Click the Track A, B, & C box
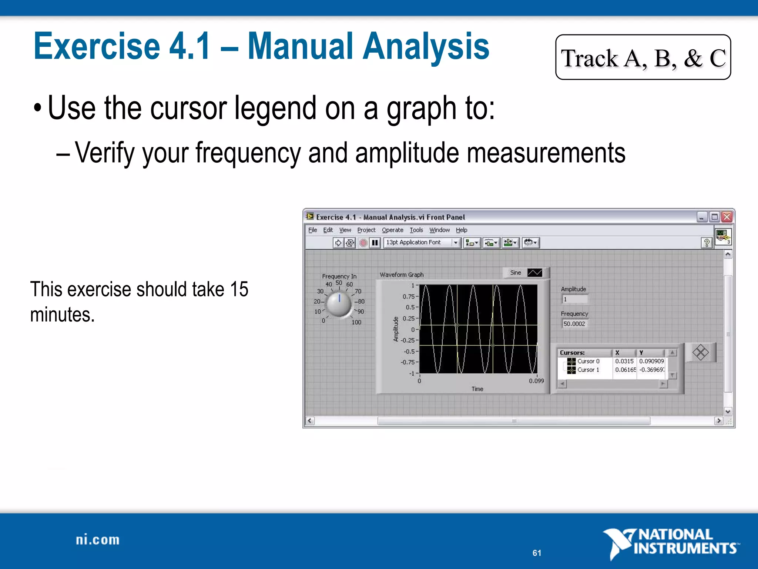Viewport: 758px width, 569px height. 643,57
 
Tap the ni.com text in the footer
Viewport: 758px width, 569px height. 98,540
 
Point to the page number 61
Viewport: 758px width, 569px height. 537,553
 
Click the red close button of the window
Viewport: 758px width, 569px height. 727,217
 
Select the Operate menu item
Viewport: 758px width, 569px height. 392,230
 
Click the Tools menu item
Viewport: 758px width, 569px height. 416,230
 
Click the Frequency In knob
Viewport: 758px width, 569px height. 339,304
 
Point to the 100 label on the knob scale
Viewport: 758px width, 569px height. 356,322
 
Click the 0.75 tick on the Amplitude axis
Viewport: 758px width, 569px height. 409,296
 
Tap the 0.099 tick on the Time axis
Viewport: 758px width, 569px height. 536,381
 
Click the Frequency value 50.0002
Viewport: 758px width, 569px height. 574,324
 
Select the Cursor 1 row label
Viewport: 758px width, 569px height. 588,370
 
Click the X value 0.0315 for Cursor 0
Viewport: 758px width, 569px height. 624,361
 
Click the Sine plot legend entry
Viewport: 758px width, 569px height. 526,273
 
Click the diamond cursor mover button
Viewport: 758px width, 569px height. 700,352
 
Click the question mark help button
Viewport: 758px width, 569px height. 707,243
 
